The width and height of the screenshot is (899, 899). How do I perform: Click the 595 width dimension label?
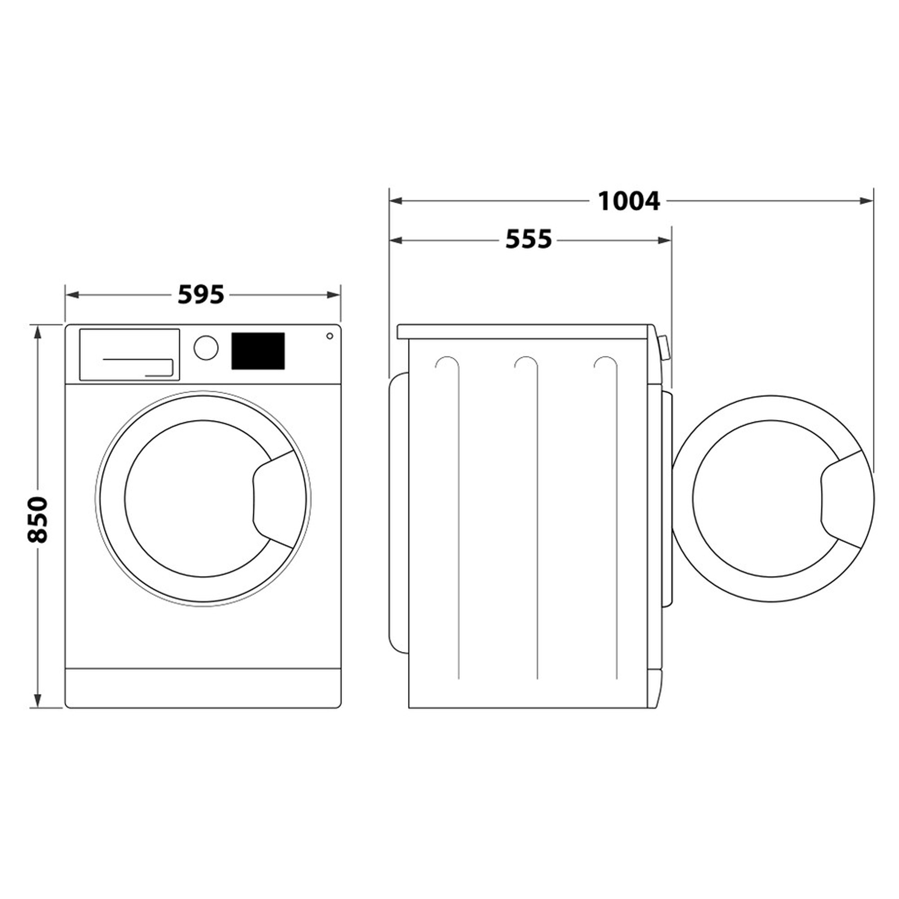pos(200,295)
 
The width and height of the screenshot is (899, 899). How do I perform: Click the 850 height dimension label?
pos(38,520)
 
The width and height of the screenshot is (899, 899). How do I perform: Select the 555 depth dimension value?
pos(528,240)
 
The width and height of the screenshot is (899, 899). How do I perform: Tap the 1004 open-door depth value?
pos(628,201)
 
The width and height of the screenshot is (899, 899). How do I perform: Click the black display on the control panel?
pos(258,352)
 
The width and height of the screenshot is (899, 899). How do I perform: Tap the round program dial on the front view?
pos(206,347)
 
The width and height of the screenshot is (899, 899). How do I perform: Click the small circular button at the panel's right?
pos(329,336)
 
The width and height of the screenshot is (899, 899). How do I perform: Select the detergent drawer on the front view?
pos(129,355)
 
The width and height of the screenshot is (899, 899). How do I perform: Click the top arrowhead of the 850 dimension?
pos(38,331)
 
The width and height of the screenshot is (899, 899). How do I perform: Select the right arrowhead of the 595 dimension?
pos(334,295)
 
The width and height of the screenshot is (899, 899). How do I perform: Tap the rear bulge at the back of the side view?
pos(398,512)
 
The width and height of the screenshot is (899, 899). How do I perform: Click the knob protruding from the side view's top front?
pos(664,348)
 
